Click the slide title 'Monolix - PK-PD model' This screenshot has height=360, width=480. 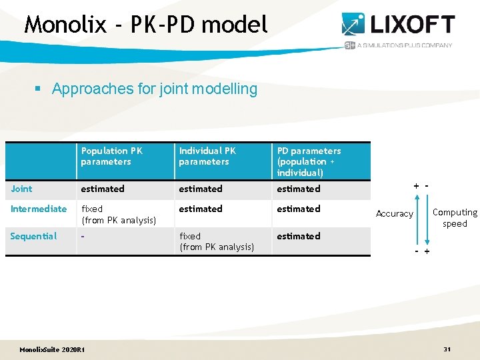(146, 25)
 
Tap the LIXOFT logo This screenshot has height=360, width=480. (398, 25)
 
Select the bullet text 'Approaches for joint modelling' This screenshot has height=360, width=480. (154, 89)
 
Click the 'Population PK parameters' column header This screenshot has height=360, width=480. (111, 156)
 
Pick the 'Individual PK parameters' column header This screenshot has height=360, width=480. (207, 156)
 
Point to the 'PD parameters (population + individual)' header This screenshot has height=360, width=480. (309, 161)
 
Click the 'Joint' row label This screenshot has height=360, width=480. (22, 189)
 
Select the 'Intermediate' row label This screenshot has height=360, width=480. (39, 209)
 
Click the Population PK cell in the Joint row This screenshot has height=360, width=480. (103, 189)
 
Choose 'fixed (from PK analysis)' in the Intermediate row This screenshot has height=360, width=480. (118, 214)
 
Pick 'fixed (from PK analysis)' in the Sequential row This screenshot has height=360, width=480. (217, 241)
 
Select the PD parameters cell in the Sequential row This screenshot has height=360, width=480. (299, 236)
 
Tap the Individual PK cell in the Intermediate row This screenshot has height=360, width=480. (201, 209)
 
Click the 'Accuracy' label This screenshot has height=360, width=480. (395, 213)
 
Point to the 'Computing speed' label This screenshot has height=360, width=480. (455, 218)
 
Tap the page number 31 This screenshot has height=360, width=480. (447, 349)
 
